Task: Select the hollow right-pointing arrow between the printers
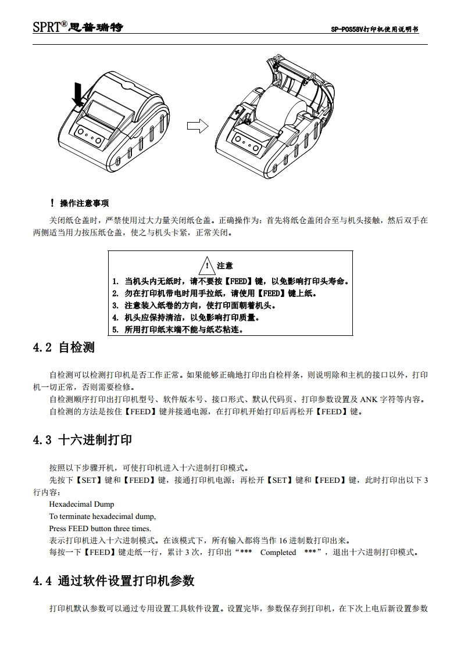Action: (x=197, y=126)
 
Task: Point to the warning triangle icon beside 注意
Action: (x=206, y=266)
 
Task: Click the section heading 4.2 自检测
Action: (x=64, y=348)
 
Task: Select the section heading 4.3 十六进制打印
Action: (x=83, y=440)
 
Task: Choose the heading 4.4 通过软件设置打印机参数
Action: (x=114, y=581)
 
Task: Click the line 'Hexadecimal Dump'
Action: (x=82, y=504)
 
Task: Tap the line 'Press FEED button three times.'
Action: (x=100, y=528)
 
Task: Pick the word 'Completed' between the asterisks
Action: (x=278, y=552)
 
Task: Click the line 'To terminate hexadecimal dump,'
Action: (x=102, y=516)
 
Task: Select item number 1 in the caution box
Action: (x=230, y=281)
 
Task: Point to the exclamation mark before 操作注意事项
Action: (x=52, y=203)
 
